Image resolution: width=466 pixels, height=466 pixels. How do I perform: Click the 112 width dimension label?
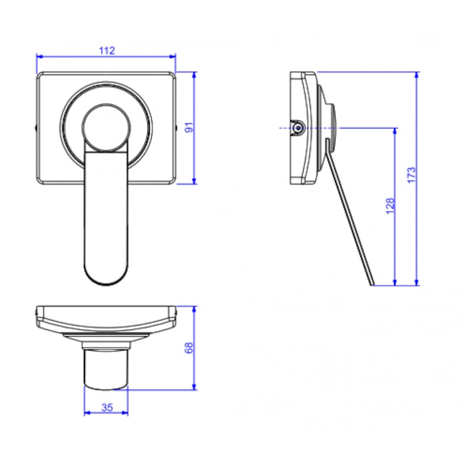point(107,51)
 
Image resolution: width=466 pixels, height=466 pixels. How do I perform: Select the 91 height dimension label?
point(189,128)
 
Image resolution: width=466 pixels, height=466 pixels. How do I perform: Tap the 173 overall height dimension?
point(411,175)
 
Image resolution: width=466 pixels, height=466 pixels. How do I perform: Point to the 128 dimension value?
point(390,206)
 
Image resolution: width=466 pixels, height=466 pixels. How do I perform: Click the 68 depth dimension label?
point(189,348)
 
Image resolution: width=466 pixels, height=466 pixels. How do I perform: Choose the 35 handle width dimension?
point(107,407)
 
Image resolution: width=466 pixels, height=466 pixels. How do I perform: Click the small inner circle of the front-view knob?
point(106,128)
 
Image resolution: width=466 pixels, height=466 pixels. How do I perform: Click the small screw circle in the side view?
point(298,128)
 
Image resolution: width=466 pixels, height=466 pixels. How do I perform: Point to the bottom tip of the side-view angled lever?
point(371,285)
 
